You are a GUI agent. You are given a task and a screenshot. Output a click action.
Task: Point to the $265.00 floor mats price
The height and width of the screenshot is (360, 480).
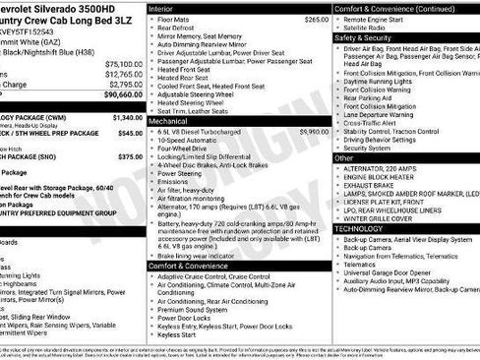(317, 19)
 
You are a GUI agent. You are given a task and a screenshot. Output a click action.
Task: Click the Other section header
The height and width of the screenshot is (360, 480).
(345, 157)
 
